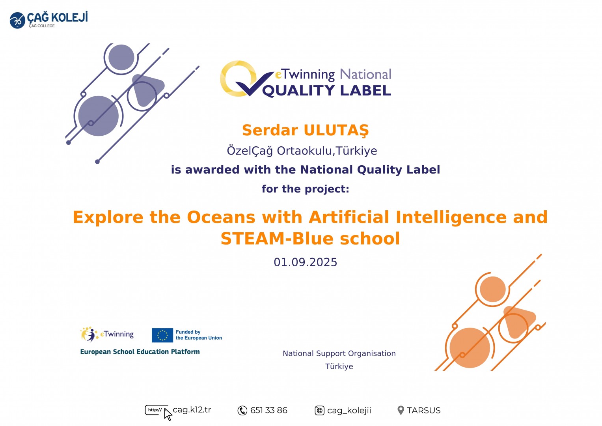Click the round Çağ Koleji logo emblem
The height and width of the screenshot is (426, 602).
17,21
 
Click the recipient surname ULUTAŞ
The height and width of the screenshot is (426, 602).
336,131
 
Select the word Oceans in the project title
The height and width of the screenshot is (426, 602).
221,217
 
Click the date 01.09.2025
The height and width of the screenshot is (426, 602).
305,262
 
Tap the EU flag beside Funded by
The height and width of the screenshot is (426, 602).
162,335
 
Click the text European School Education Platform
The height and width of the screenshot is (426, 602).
140,352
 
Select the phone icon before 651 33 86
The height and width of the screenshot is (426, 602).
242,411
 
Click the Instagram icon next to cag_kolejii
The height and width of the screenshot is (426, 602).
320,411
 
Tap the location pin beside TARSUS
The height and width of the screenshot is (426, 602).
401,410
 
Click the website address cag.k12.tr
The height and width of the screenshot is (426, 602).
192,409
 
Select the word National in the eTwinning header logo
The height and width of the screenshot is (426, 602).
365,75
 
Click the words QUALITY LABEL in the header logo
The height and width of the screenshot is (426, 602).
326,90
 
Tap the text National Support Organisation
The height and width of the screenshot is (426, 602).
339,353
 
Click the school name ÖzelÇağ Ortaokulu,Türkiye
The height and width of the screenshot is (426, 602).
302,151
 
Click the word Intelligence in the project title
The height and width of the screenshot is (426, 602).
451,217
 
